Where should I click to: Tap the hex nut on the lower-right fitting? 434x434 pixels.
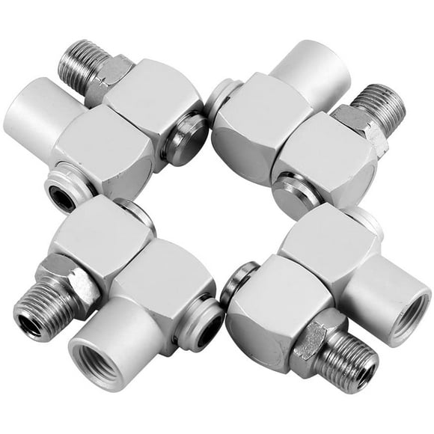point(315,341)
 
